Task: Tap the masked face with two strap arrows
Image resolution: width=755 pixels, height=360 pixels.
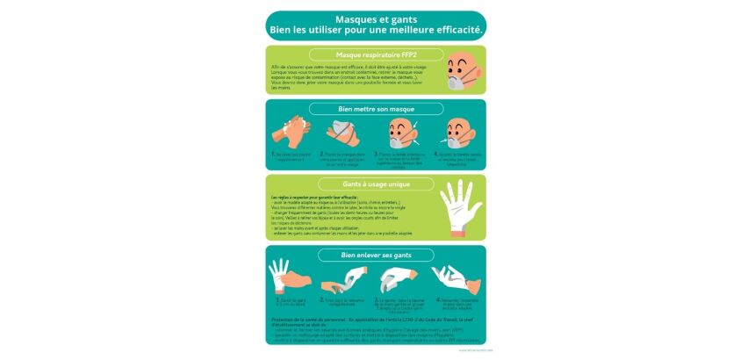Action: point(401,133)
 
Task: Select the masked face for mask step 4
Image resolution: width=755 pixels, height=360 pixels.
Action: point(457,133)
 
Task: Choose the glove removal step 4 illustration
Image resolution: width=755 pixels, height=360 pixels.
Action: point(454,279)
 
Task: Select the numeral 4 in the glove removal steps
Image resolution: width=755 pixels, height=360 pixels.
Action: point(438,299)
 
